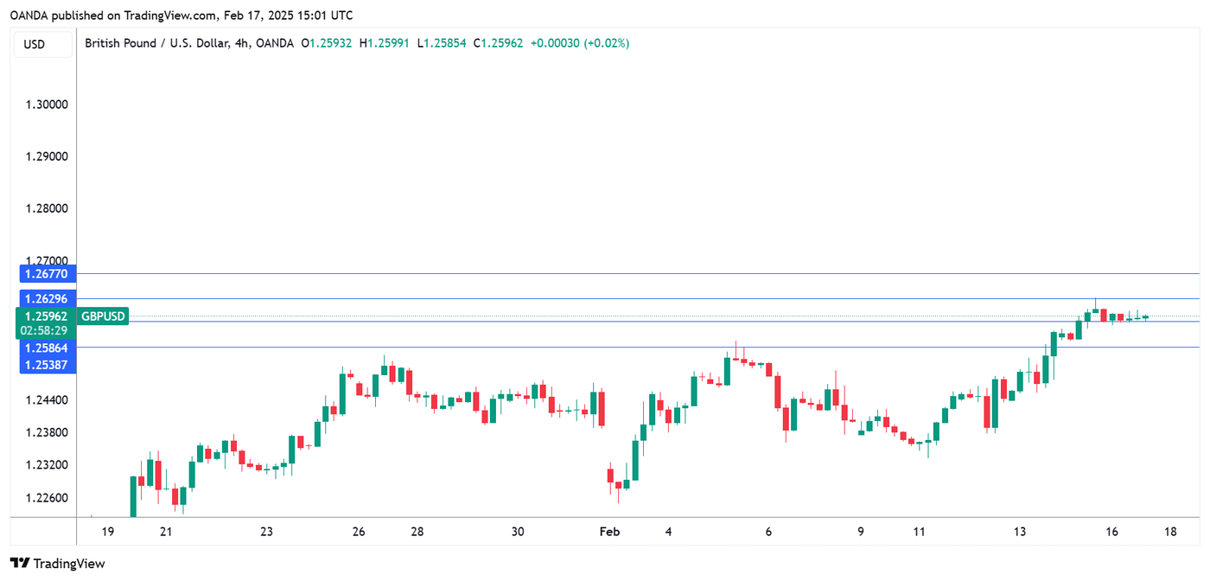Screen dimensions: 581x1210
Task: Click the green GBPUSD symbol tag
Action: tap(104, 317)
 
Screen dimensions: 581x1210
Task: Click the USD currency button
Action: tap(35, 44)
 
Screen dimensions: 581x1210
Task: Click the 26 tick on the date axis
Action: tap(359, 532)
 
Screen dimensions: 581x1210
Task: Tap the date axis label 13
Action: tap(1021, 532)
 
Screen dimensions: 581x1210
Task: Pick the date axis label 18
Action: tap(1170, 532)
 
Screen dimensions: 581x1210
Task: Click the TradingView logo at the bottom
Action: tap(57, 564)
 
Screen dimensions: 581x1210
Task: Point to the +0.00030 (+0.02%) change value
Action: tap(579, 43)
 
